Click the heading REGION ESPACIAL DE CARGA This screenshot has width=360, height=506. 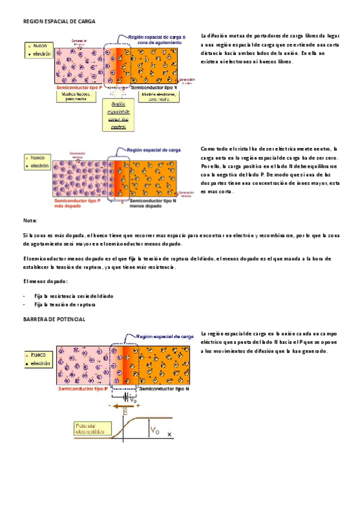[59, 21]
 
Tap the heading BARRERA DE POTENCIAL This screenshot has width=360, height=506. [54, 319]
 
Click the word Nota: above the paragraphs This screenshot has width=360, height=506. [29, 221]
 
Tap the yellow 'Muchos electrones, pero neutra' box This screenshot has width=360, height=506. [158, 95]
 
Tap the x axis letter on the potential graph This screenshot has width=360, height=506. [169, 434]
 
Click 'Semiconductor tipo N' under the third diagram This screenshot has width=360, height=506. [164, 388]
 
